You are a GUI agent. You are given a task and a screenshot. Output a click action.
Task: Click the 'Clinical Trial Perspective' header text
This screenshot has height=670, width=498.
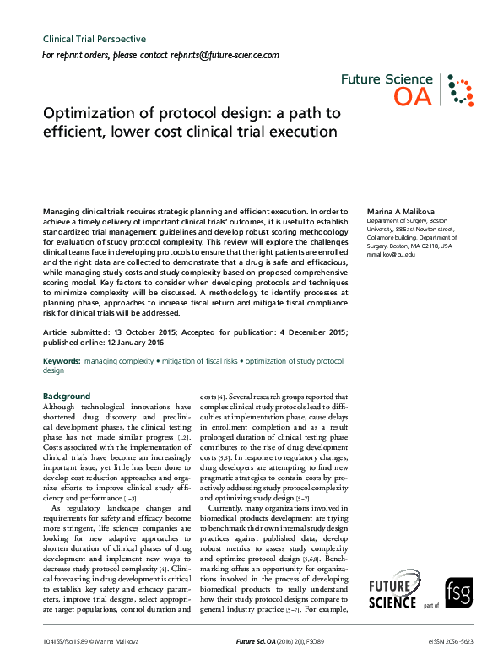[x=94, y=39]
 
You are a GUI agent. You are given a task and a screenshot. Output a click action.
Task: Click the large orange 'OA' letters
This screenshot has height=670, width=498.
[x=414, y=97]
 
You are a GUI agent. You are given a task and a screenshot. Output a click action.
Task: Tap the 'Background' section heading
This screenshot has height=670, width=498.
[x=67, y=396]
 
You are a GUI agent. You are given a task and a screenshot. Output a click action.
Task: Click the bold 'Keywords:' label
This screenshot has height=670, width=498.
[x=62, y=360]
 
